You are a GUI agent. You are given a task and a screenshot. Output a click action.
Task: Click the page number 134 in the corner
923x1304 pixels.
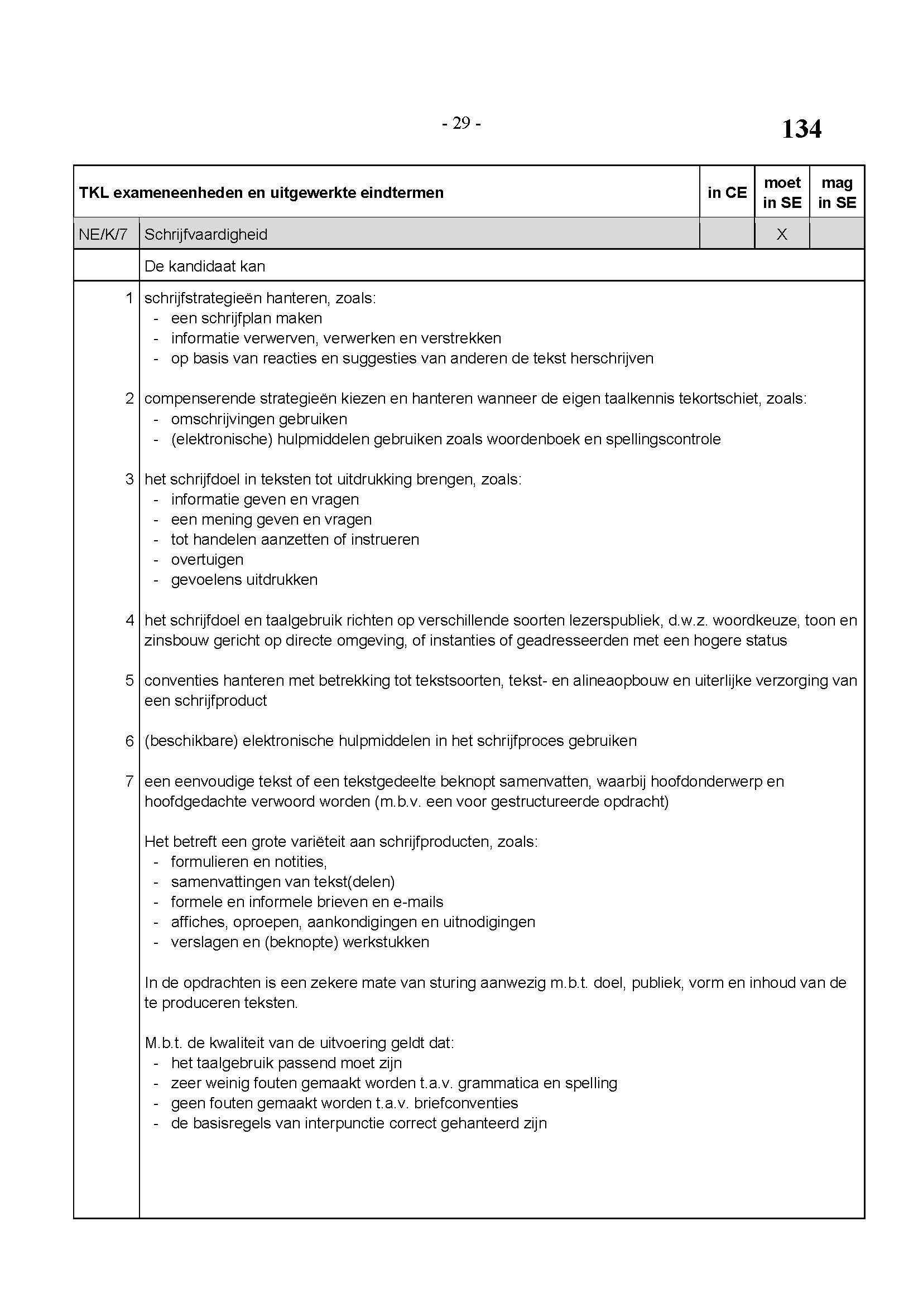(x=801, y=129)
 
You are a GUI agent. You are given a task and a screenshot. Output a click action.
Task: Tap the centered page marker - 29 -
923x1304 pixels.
(x=461, y=123)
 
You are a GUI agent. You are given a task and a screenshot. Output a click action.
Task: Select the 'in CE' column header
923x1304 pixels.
(x=727, y=192)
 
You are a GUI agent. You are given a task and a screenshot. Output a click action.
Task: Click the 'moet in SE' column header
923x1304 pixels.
(x=782, y=192)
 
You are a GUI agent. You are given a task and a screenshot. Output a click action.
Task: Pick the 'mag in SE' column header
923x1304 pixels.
(x=837, y=192)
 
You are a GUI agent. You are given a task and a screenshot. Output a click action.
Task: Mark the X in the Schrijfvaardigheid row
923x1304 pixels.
(x=782, y=234)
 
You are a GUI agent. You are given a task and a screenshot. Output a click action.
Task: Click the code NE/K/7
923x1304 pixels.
(x=103, y=234)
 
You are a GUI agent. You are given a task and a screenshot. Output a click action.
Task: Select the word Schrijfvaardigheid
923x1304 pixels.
(x=206, y=234)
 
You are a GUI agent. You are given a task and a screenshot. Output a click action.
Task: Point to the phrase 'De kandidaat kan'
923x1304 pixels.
(x=205, y=266)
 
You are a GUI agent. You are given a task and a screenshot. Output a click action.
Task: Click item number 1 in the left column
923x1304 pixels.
(x=129, y=298)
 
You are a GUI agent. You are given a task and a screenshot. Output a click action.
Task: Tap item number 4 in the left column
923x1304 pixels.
(x=129, y=620)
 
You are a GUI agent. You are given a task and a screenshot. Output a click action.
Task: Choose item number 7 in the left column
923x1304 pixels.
(x=129, y=781)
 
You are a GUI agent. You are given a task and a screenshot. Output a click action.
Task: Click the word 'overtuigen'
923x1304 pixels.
(x=207, y=559)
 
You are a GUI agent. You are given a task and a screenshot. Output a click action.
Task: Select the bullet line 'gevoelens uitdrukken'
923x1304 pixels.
(x=244, y=580)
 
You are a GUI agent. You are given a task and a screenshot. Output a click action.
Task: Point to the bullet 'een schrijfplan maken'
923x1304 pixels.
(x=246, y=318)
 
